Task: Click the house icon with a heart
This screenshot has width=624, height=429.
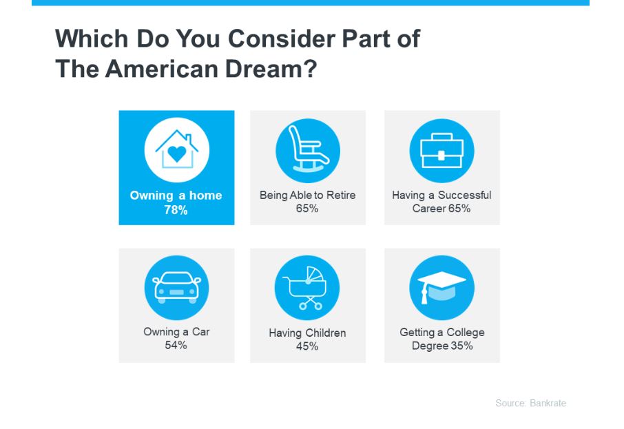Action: click(177, 150)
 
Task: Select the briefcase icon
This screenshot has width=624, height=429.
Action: click(441, 150)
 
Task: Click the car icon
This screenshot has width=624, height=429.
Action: click(177, 287)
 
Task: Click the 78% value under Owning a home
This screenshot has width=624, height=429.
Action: click(176, 210)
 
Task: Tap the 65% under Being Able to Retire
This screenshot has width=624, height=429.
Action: click(306, 209)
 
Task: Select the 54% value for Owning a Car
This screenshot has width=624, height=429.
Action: click(176, 345)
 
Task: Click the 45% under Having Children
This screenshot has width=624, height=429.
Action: click(306, 346)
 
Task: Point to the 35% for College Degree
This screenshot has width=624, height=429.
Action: click(461, 346)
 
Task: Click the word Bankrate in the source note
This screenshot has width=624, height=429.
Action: click(548, 403)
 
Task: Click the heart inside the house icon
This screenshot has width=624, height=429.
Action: click(177, 154)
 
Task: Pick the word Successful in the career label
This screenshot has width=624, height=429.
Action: click(464, 196)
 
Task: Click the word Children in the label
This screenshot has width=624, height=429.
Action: click(326, 333)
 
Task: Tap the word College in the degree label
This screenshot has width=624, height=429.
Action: click(466, 333)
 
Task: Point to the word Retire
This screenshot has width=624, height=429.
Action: click(341, 196)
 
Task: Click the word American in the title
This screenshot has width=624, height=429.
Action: click(162, 68)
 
